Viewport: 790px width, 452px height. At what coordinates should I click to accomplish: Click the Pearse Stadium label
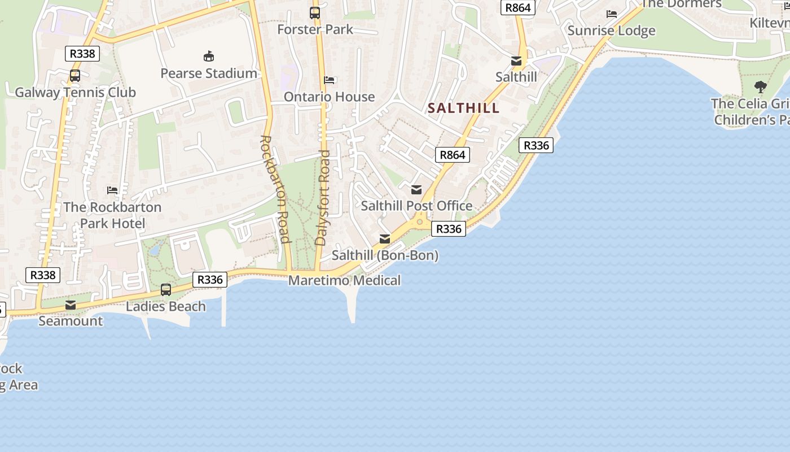(x=209, y=73)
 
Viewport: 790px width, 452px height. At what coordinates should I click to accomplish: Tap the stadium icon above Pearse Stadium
(x=209, y=56)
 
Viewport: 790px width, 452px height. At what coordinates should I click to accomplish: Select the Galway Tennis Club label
(x=75, y=92)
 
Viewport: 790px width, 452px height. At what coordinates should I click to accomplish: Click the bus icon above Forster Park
(x=315, y=12)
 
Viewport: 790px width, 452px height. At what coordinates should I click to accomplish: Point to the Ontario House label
(x=329, y=97)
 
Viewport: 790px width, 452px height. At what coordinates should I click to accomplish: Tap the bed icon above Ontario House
(x=330, y=80)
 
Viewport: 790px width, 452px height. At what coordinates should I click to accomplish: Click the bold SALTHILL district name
(x=463, y=108)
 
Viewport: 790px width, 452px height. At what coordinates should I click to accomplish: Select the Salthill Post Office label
(x=416, y=206)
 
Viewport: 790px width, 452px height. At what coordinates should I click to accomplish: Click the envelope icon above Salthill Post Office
(x=416, y=190)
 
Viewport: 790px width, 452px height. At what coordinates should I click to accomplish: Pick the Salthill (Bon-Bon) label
(x=385, y=255)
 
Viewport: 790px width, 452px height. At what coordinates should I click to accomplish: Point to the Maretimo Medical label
(x=344, y=280)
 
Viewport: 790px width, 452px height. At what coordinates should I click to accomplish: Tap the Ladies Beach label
(x=165, y=306)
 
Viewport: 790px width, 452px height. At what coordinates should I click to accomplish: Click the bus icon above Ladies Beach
(x=166, y=290)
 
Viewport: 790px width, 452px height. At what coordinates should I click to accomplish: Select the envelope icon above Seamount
(x=71, y=305)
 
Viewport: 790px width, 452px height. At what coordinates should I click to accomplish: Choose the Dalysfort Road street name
(x=322, y=197)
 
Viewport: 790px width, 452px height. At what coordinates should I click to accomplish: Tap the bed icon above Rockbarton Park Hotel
(x=112, y=190)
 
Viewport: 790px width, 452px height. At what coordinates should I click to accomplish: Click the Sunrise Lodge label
(x=611, y=31)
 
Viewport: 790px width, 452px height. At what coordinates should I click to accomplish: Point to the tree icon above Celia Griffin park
(x=761, y=87)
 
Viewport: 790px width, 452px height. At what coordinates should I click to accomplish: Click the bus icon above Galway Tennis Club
(x=75, y=76)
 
